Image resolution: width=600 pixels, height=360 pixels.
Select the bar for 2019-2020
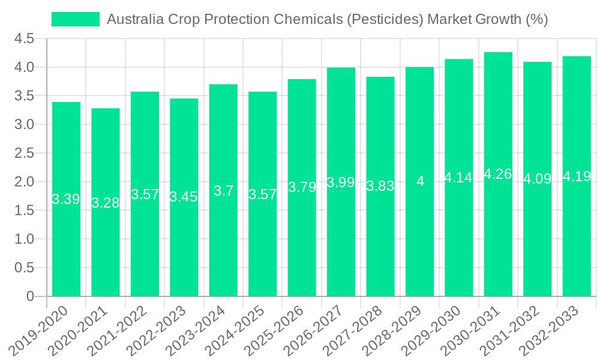[x=66, y=240]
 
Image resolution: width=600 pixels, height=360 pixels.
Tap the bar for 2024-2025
[x=263, y=240]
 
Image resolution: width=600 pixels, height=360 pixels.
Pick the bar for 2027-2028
[x=380, y=240]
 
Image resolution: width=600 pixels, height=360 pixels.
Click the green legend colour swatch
[x=76, y=19]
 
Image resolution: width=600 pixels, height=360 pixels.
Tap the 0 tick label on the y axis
[x=30, y=296]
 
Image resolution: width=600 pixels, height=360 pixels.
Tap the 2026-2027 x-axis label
[x=314, y=329]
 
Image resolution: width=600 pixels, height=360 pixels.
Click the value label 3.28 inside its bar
[x=106, y=203]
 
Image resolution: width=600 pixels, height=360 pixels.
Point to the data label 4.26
[x=498, y=174]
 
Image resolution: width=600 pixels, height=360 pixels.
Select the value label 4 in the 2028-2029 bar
[x=420, y=181]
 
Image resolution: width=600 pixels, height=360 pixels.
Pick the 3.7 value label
[x=223, y=191]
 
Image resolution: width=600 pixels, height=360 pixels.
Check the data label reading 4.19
[x=577, y=176]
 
